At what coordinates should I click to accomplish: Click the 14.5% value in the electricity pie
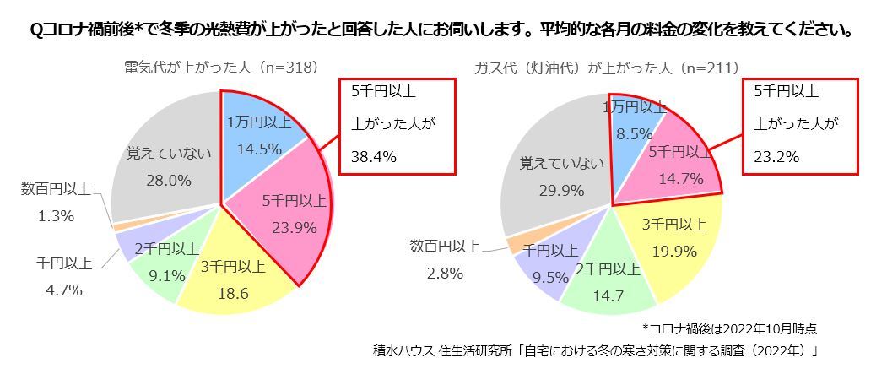tap(254, 148)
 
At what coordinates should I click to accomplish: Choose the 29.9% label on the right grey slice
tap(561, 190)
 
